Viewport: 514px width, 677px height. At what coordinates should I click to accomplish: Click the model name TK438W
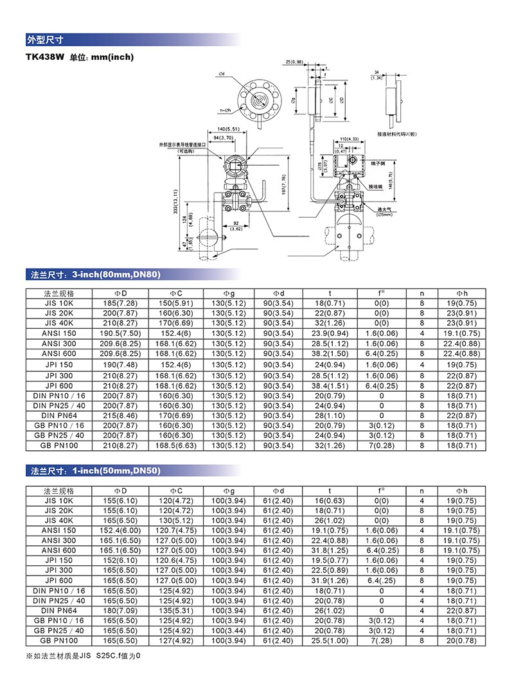[x=44, y=57]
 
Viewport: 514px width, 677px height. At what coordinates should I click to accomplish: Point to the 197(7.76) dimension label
[x=283, y=186]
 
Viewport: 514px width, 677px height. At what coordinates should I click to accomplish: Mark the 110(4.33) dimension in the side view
[x=348, y=139]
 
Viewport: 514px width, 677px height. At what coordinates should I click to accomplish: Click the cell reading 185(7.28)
[x=120, y=303]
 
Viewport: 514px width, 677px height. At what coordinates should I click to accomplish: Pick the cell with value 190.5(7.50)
[x=120, y=333]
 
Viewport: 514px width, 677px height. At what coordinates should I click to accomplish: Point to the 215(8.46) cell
[x=120, y=416]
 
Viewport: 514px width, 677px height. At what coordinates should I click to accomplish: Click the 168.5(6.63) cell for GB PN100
[x=175, y=446]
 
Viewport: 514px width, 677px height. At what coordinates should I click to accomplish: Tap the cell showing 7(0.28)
[x=382, y=446]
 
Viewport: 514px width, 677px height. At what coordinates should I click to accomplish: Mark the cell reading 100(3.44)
[x=229, y=631]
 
